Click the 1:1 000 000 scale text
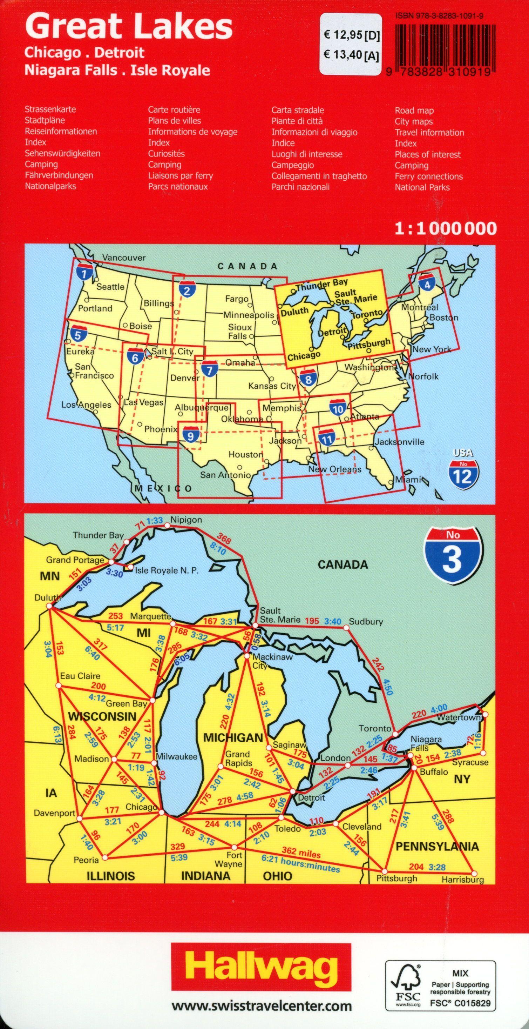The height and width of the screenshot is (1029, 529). tap(446, 228)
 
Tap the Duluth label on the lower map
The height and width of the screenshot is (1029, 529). tap(47, 597)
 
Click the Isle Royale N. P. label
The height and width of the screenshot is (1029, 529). tap(167, 570)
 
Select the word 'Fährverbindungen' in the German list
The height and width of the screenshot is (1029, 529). tap(59, 175)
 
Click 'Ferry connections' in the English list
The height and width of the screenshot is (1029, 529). tap(428, 176)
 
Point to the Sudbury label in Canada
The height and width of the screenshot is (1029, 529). tap(366, 622)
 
